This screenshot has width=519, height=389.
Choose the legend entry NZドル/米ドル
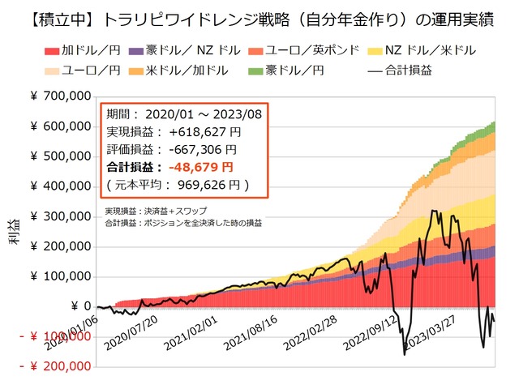tap(431, 51)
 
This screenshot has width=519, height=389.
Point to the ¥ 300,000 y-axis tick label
tap(61, 216)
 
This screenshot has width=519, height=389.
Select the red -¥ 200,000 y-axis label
tap(56, 366)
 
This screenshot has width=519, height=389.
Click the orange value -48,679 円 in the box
tap(199, 167)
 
